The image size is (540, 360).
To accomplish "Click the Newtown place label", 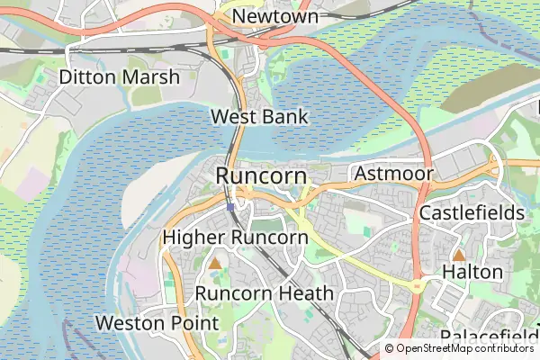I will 275,17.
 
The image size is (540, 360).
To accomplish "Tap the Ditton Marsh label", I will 119,77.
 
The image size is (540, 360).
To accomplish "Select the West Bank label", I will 259,117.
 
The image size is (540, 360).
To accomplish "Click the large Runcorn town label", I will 261,175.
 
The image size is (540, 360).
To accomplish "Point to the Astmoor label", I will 394,173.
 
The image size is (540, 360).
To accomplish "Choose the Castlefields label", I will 472,213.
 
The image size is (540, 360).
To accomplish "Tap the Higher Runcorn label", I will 236,238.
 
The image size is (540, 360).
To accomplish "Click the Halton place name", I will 472,271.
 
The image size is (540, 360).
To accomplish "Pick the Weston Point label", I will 157,322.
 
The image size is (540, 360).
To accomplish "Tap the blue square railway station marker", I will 231,207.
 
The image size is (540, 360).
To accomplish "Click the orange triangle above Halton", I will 459,256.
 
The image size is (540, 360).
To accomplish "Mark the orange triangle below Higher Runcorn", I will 215,264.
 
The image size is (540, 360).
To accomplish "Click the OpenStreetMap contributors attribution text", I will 465,348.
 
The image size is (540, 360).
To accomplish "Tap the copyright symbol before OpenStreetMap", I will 390,348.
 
